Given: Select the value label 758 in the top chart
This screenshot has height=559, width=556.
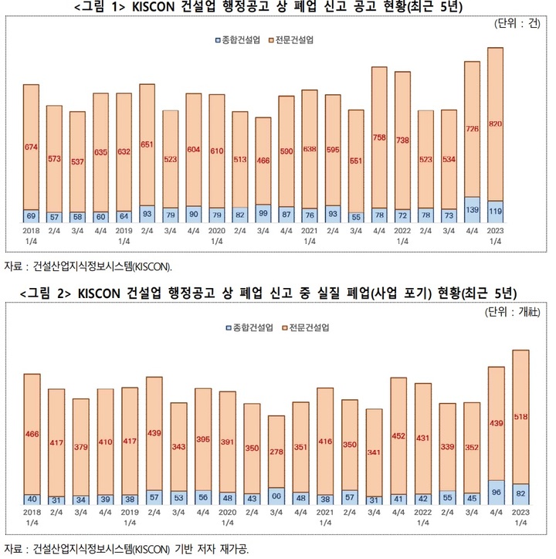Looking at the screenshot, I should (x=379, y=138).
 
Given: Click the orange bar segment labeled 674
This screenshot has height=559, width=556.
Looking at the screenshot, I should (x=31, y=147).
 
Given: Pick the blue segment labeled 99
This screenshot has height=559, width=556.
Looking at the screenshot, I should (x=263, y=214).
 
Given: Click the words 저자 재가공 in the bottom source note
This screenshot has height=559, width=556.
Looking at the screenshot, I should (x=224, y=548).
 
